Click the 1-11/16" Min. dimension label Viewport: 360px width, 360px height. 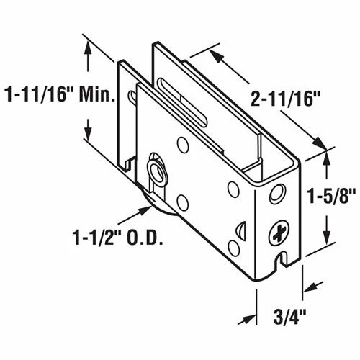[60, 94]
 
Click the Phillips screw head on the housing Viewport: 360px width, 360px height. [280, 233]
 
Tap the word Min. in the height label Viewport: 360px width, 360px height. [100, 94]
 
